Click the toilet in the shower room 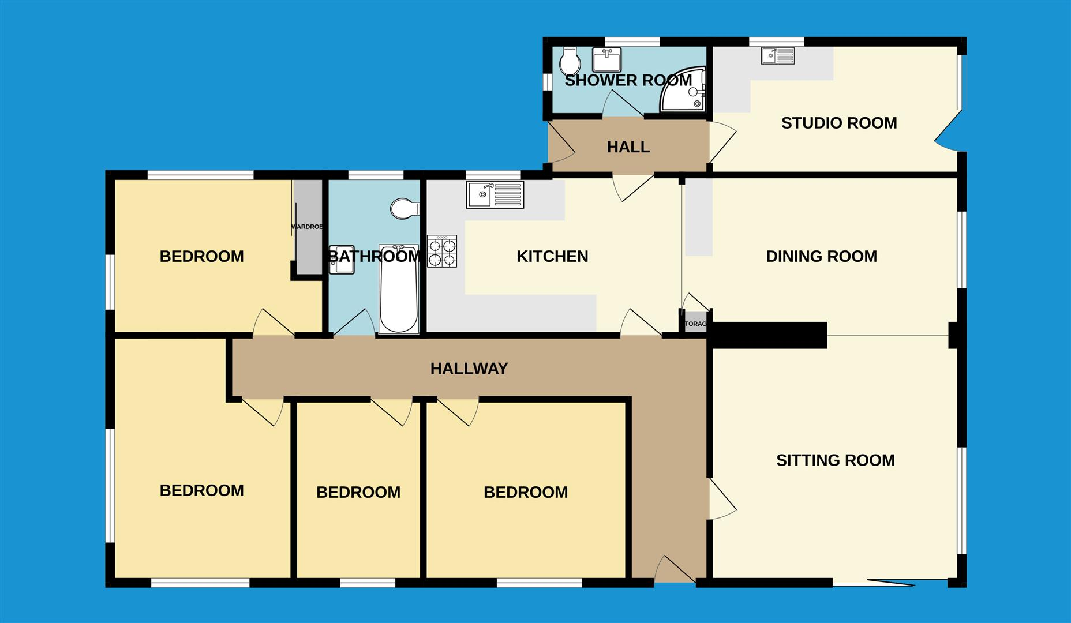(570, 61)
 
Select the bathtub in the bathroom (399, 297)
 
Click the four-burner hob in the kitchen (442, 252)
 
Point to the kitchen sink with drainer (495, 195)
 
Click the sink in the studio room (777, 56)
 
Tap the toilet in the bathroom (405, 209)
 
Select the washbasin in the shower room (606, 59)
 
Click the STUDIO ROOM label (838, 123)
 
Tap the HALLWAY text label (469, 369)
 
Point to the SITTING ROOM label (835, 460)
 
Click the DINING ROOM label (821, 256)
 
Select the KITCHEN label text (552, 256)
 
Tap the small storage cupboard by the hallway (695, 323)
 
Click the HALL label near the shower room (628, 147)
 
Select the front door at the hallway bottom (674, 571)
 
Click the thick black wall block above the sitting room (767, 335)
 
